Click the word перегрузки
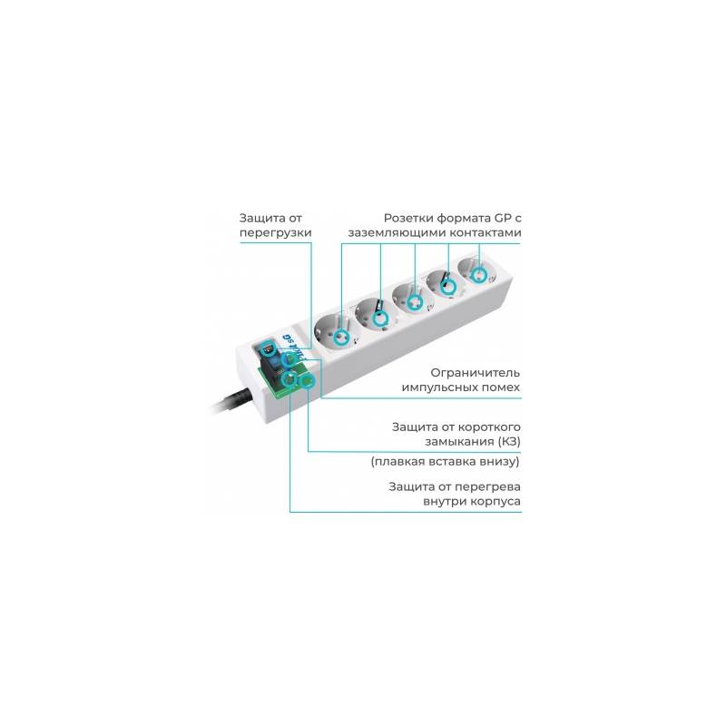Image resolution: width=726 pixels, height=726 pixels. (276, 233)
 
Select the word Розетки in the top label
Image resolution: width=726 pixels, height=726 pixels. (408, 218)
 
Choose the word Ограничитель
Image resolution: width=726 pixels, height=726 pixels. (475, 373)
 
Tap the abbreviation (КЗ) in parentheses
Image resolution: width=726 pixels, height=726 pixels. (509, 441)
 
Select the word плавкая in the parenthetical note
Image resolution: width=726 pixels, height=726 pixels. (394, 462)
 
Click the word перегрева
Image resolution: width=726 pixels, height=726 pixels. (487, 486)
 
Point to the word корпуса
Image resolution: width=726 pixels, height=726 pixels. (495, 502)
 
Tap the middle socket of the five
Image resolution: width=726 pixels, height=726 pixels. (414, 298)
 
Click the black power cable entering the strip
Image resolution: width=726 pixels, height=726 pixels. (231, 403)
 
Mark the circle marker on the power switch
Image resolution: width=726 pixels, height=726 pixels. (268, 347)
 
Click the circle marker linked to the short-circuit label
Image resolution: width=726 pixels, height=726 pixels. (308, 381)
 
